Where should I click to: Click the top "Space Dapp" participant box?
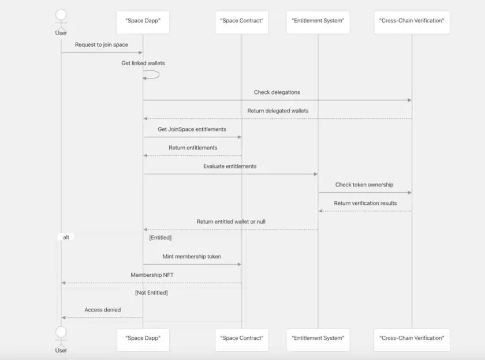(x=143, y=21)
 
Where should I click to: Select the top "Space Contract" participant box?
(x=242, y=21)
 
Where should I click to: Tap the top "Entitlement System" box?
(x=318, y=21)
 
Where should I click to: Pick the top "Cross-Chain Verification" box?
(x=412, y=21)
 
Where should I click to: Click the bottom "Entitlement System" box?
(x=318, y=338)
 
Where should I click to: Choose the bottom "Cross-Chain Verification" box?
(x=412, y=338)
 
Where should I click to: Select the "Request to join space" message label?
(x=102, y=45)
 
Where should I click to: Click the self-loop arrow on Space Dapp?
(x=153, y=75)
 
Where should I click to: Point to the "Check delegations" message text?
(x=277, y=92)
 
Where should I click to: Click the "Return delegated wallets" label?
(x=278, y=111)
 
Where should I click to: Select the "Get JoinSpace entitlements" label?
(x=192, y=129)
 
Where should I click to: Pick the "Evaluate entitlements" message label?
(x=230, y=166)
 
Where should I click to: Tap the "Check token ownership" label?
(x=364, y=185)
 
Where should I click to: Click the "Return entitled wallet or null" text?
(x=231, y=222)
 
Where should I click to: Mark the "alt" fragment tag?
(x=66, y=237)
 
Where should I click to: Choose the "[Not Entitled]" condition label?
(x=151, y=292)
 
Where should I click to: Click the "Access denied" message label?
(x=103, y=310)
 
